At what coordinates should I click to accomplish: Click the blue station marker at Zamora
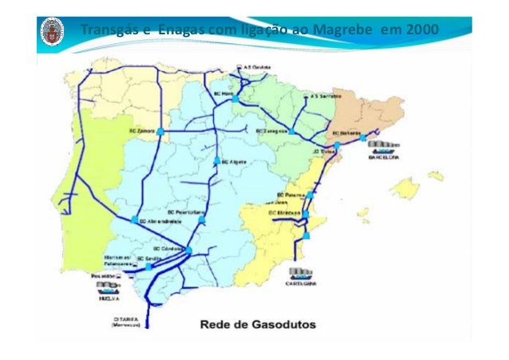coord(160,130)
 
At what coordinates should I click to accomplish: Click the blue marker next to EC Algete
coord(216,161)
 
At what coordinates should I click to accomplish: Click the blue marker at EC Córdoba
coord(190,250)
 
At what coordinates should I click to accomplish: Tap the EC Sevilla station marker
coord(149,266)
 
